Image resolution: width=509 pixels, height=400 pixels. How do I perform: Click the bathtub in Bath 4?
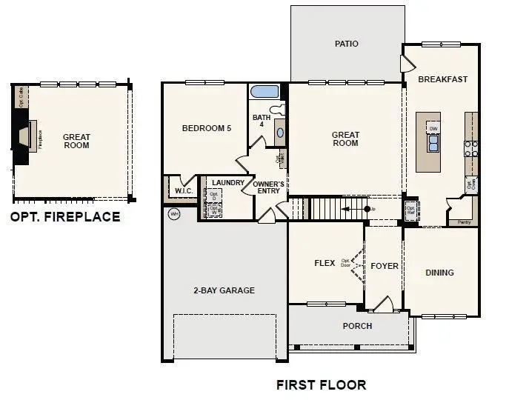(265, 93)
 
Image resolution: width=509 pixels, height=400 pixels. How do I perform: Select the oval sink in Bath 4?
(279, 134)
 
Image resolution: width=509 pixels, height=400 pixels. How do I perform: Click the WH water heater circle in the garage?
(175, 215)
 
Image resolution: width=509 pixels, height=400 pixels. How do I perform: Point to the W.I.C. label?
(184, 191)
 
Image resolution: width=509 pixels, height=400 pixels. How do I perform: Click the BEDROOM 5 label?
(207, 128)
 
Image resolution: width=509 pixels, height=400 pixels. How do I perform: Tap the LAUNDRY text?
(227, 182)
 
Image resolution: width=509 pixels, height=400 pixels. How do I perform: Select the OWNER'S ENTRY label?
(268, 187)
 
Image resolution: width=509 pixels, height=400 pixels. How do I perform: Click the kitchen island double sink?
(433, 141)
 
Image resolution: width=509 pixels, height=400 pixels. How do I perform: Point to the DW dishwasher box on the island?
(433, 127)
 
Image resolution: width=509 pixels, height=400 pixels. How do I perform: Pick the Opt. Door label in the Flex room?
(345, 263)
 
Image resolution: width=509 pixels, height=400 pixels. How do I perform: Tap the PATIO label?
(346, 44)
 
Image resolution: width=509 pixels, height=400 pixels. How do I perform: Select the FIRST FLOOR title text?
(321, 384)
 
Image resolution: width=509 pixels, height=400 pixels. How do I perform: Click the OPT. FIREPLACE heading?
(64, 217)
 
